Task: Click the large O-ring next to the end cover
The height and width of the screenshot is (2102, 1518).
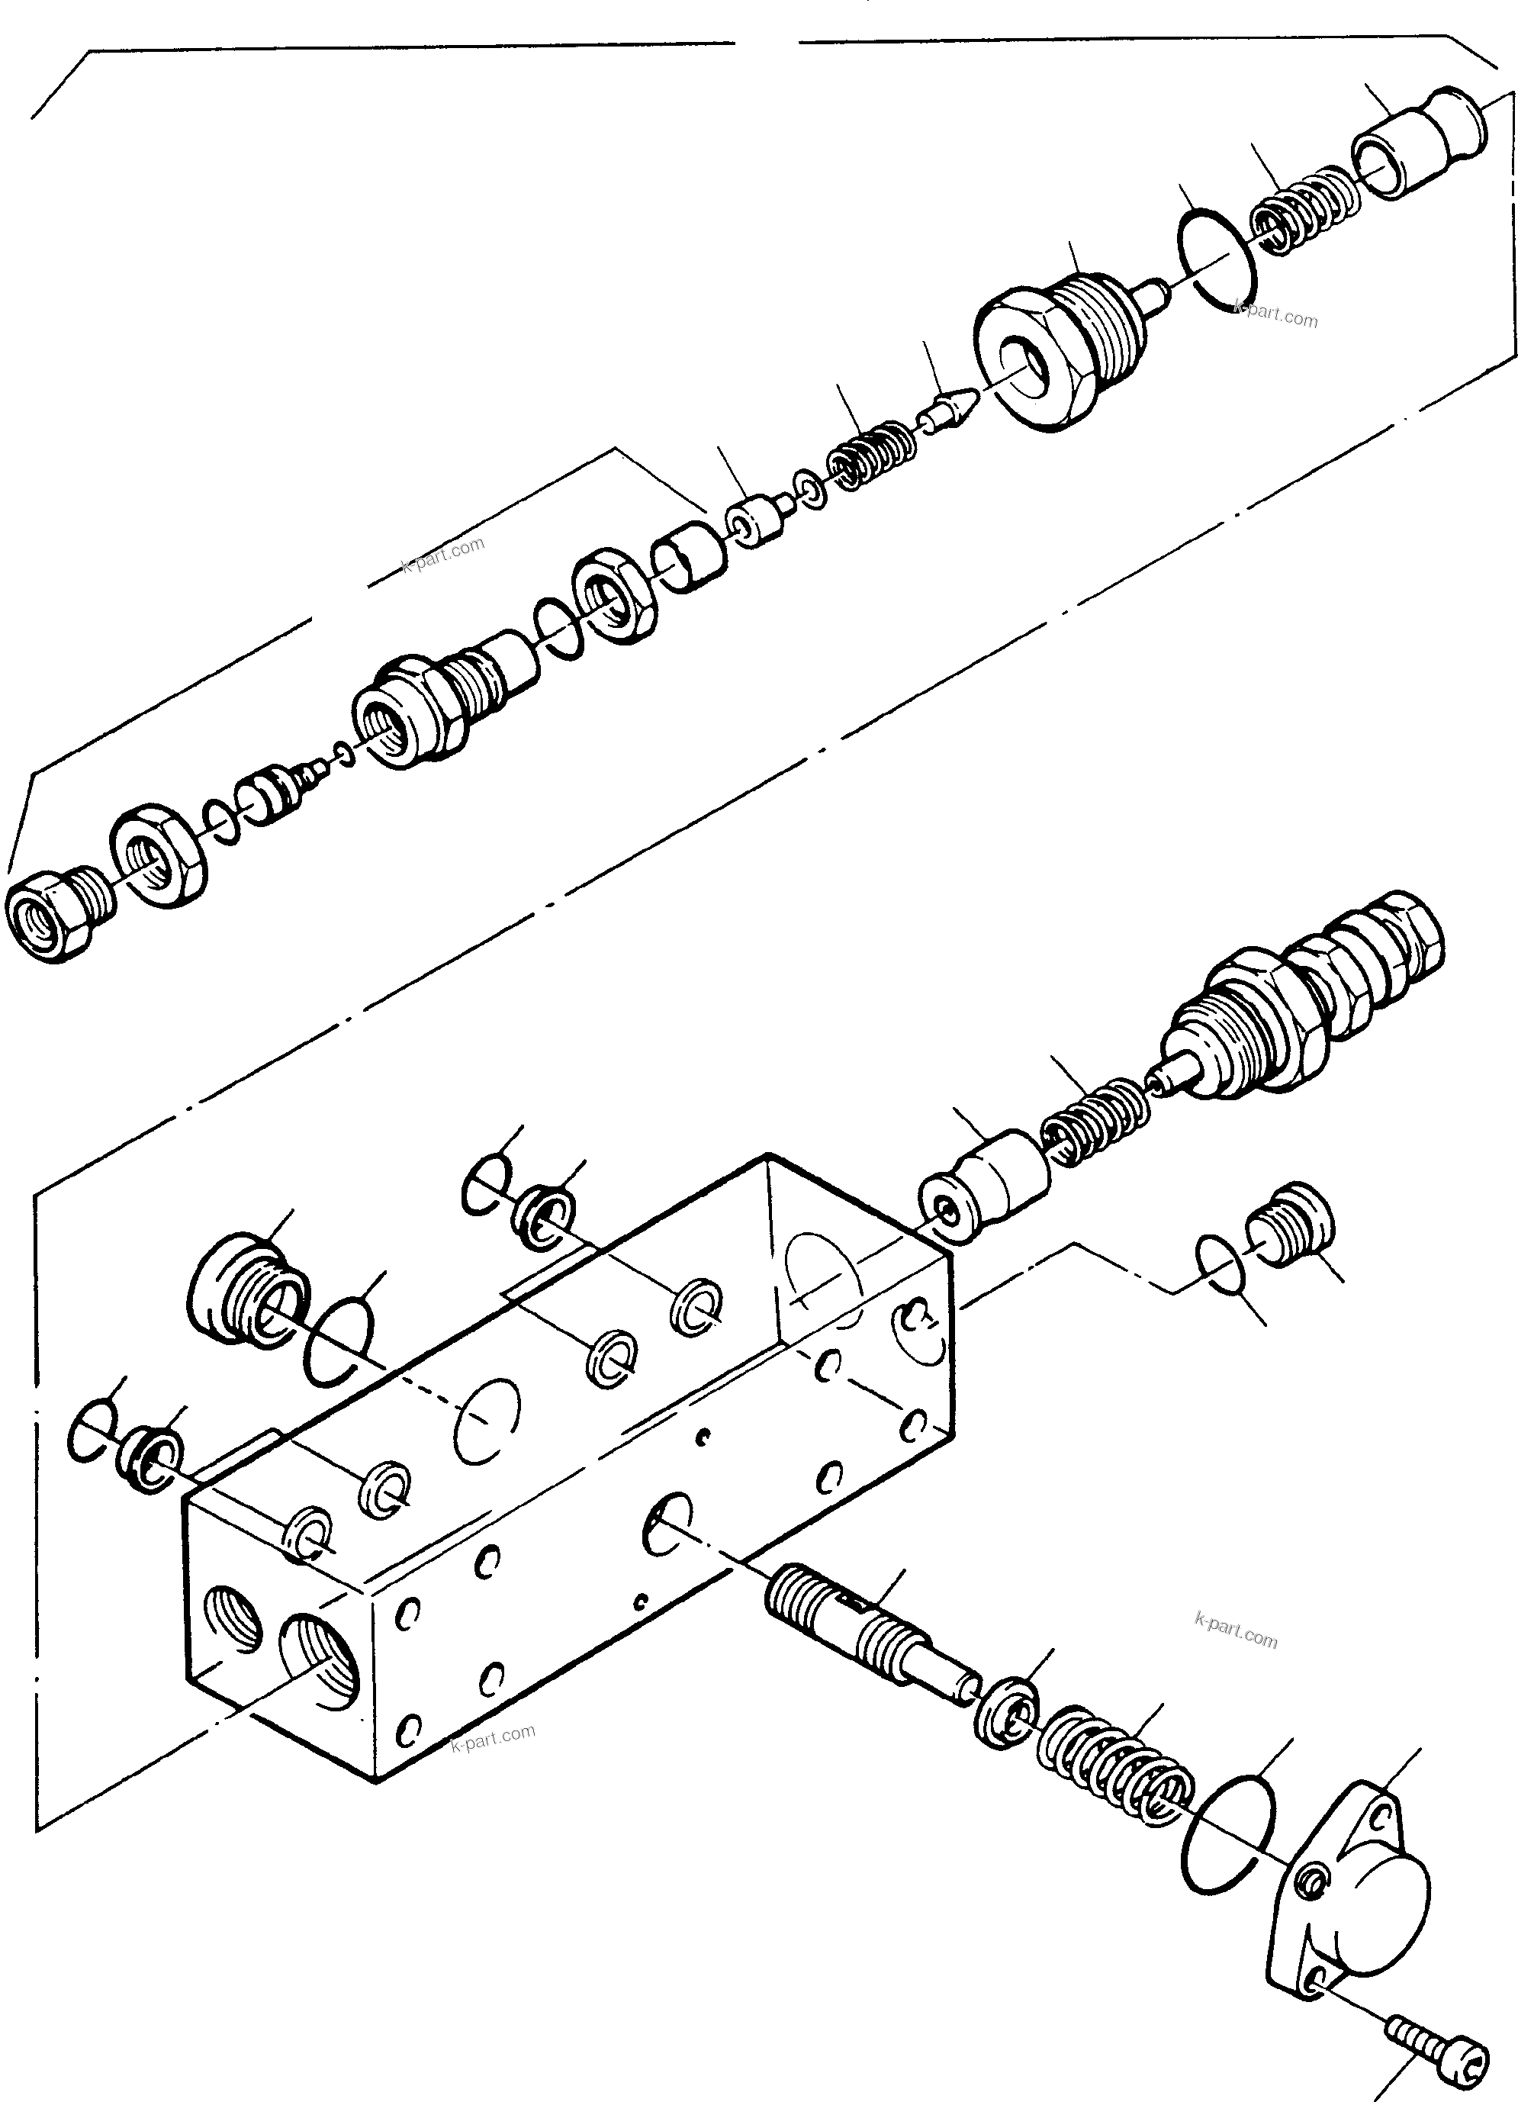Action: (1230, 1833)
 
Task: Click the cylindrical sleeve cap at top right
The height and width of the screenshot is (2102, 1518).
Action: (1418, 141)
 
